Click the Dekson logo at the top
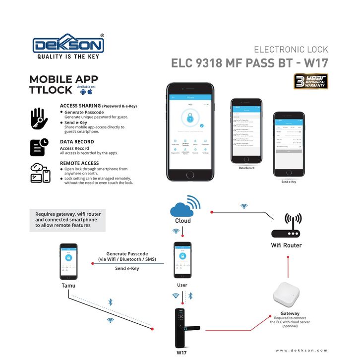click(68, 46)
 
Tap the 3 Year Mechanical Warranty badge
click(310, 82)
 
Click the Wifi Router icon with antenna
click(286, 226)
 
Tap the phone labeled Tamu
click(68, 261)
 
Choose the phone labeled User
click(182, 260)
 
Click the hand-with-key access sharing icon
click(39, 119)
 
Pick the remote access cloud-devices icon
click(40, 173)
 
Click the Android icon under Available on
click(82, 92)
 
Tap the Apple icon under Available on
click(90, 92)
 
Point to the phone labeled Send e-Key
click(289, 147)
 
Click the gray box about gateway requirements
click(67, 220)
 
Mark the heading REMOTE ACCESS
click(79, 163)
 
